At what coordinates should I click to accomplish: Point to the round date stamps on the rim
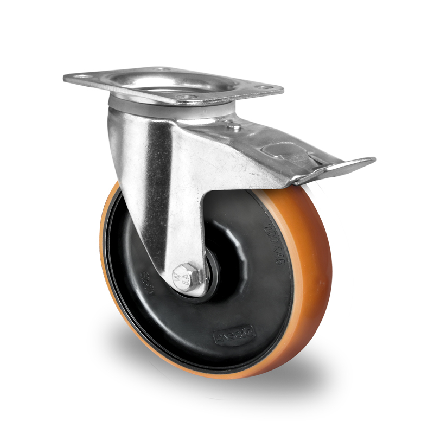[145, 284]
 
